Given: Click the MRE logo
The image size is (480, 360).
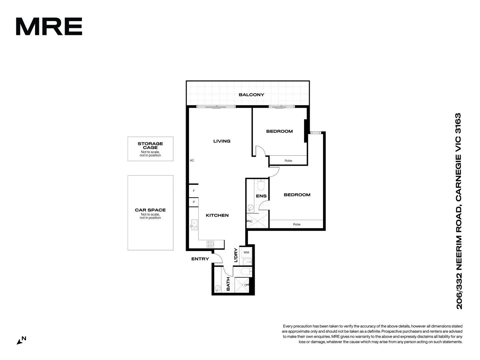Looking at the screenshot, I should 49,27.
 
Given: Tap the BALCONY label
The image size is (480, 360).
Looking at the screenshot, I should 251,95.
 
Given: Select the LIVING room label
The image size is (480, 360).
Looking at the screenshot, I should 222,141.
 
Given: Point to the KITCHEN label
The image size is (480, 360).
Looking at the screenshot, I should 217,215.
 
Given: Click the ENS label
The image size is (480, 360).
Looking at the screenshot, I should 261,196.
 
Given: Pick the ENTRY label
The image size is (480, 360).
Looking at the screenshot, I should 200,259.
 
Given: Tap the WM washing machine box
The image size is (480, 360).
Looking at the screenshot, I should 246,253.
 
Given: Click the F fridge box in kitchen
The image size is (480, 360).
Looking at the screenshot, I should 194,191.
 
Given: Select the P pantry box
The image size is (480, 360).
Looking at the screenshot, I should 194,202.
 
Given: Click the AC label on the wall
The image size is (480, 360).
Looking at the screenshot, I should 192,160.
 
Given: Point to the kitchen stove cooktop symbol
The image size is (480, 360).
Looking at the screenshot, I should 211,244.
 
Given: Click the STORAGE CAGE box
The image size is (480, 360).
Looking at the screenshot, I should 150,149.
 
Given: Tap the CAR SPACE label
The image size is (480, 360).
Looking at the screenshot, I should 150,210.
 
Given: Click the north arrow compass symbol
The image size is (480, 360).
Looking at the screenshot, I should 21,340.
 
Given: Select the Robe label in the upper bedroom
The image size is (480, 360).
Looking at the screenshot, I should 288,161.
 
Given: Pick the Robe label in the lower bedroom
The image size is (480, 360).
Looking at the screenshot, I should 297,224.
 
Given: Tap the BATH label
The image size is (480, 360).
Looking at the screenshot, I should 228,284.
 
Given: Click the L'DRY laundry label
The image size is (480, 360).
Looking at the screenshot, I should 236,255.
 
